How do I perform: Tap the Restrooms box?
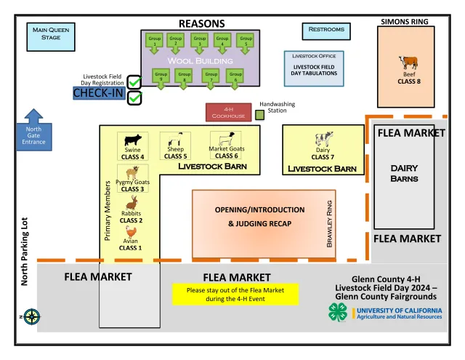321,31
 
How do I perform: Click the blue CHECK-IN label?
100,94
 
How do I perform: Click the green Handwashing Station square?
259,114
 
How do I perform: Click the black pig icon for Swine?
133,140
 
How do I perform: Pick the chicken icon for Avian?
131,233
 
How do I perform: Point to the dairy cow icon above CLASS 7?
323,140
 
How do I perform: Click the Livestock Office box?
315,65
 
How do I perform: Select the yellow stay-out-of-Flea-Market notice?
235,295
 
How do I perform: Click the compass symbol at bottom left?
31,316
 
